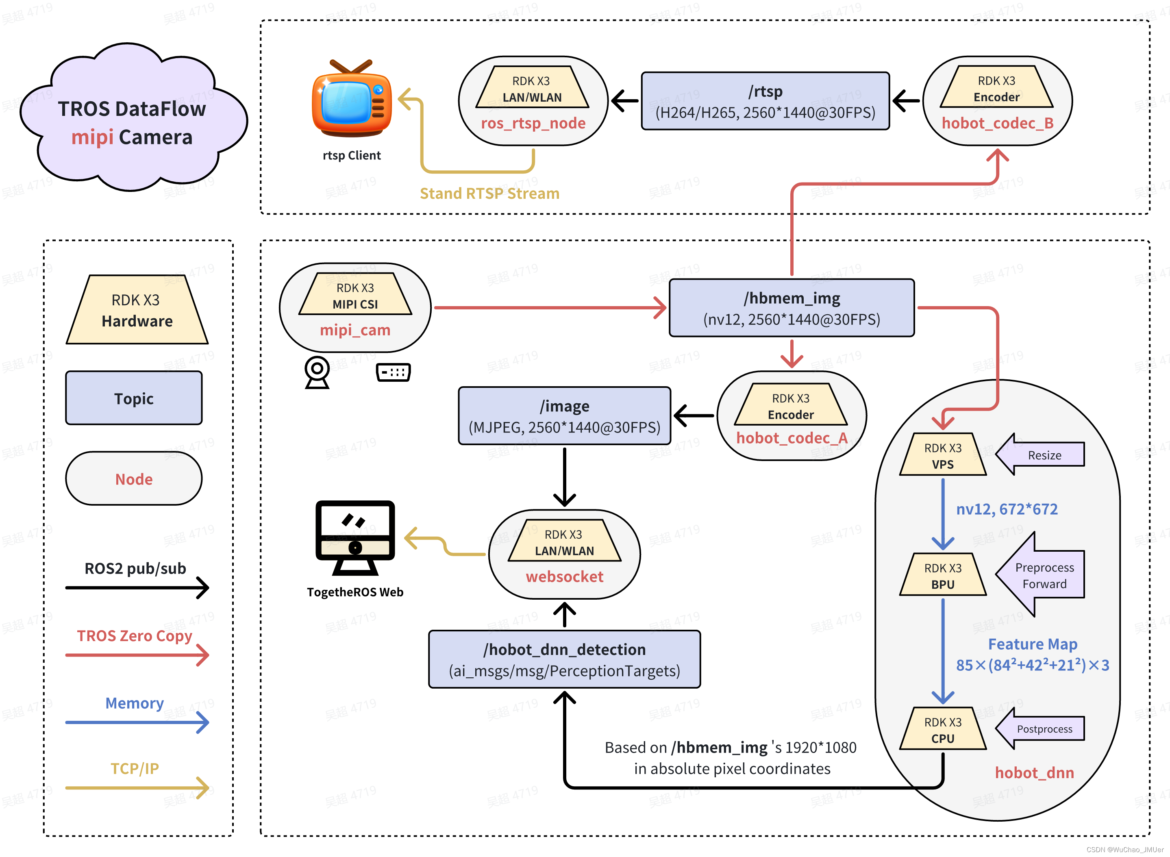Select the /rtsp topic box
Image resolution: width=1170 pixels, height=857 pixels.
pos(765,101)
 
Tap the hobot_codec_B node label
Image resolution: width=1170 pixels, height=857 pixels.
pos(997,124)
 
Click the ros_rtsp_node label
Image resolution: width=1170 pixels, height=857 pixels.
pos(533,124)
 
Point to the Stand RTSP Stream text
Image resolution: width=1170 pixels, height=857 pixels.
pos(489,194)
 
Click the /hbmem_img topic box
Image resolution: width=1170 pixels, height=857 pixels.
pos(792,308)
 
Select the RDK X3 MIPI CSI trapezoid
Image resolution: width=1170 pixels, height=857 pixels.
pos(355,295)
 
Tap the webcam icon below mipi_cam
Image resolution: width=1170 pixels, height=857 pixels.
pos(317,372)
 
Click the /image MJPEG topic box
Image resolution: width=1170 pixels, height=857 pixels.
pos(564,416)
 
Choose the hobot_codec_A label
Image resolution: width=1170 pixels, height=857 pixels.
pos(792,438)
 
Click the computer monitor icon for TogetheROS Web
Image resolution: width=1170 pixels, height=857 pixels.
pos(355,537)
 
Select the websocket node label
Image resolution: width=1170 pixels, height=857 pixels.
pos(564,577)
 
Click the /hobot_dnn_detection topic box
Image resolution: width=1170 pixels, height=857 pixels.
pos(564,659)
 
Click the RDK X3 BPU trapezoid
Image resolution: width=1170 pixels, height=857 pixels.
pos(943,575)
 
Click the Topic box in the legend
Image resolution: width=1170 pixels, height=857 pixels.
pos(134,398)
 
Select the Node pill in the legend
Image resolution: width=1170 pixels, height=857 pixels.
pos(134,479)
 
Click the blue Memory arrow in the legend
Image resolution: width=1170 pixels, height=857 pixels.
pos(137,722)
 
